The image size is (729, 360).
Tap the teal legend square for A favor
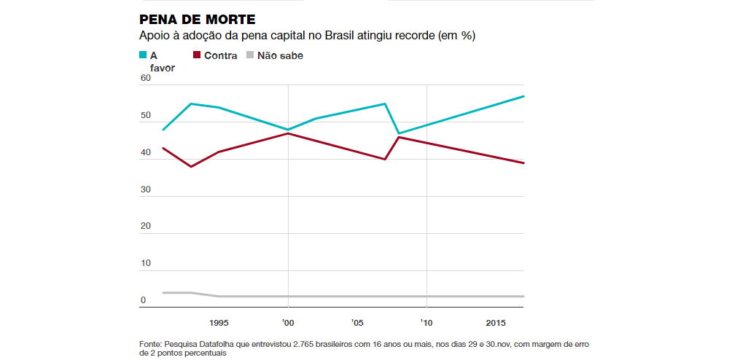143,55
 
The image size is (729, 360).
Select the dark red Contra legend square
197,55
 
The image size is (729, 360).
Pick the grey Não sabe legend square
250,55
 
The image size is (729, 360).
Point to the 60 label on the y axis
145,78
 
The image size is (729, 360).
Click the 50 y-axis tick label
145,116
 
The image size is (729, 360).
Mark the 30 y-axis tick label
145,189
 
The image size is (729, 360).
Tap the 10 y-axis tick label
145,263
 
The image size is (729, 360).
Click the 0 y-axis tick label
143,300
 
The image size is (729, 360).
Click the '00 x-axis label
288,322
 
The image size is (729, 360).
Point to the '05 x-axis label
356,322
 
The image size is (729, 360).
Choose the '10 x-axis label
426,322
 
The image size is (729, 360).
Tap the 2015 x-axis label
496,322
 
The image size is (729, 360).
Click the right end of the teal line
524,96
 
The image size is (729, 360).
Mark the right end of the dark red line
524,163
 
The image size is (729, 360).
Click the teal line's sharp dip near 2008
399,133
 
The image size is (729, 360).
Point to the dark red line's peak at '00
289,133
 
